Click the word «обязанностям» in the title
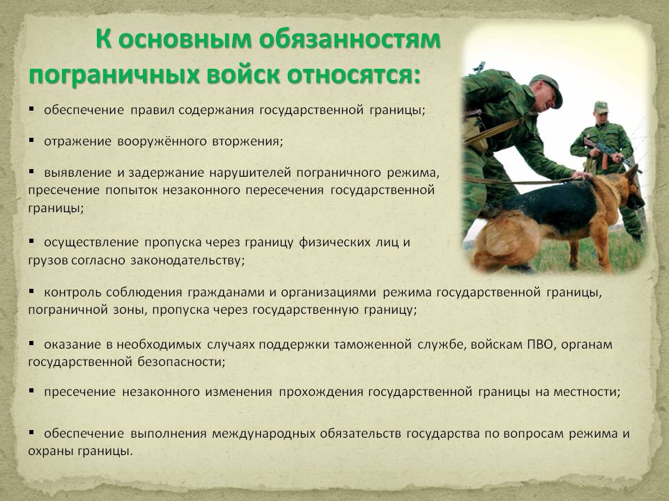[x=349, y=40]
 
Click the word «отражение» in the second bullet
[x=77, y=142]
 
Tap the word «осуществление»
[x=91, y=243]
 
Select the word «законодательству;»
[x=187, y=260]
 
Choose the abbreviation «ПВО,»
[x=541, y=344]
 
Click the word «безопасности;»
[x=181, y=362]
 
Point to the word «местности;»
[x=587, y=392]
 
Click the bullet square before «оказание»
[x=31, y=342]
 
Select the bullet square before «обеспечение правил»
[x=31, y=109]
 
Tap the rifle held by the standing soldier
[x=606, y=152]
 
